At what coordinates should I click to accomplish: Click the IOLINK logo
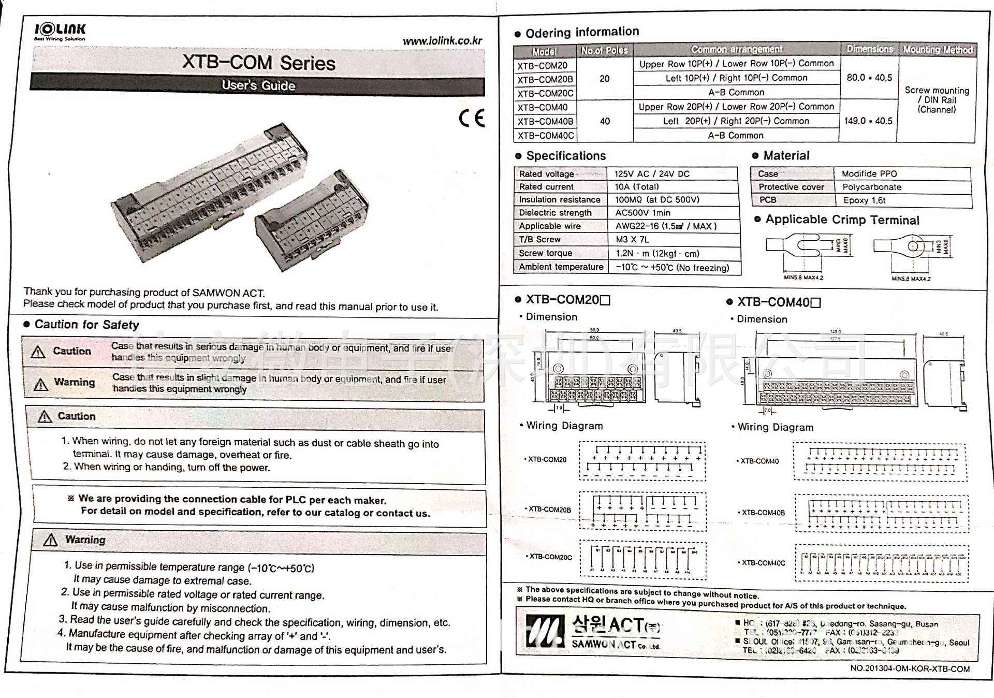point(60,31)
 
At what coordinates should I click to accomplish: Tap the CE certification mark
point(472,118)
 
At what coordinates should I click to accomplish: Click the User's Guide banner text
point(258,85)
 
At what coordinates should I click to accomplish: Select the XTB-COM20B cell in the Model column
point(545,80)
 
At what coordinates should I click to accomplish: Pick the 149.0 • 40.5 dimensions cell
point(868,121)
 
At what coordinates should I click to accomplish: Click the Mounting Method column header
point(938,50)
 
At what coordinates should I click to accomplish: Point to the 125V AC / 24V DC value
point(652,174)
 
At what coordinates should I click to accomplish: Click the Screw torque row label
point(545,253)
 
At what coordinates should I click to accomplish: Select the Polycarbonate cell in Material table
point(871,187)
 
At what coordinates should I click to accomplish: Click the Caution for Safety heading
point(86,325)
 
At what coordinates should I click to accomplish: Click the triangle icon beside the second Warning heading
point(50,540)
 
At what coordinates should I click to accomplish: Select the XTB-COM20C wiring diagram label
point(550,557)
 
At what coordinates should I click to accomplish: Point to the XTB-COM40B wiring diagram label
point(763,513)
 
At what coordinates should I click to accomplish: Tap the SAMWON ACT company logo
point(593,632)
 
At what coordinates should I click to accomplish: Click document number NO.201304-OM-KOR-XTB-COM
point(910,668)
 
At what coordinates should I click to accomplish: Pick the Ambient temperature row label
point(561,267)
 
